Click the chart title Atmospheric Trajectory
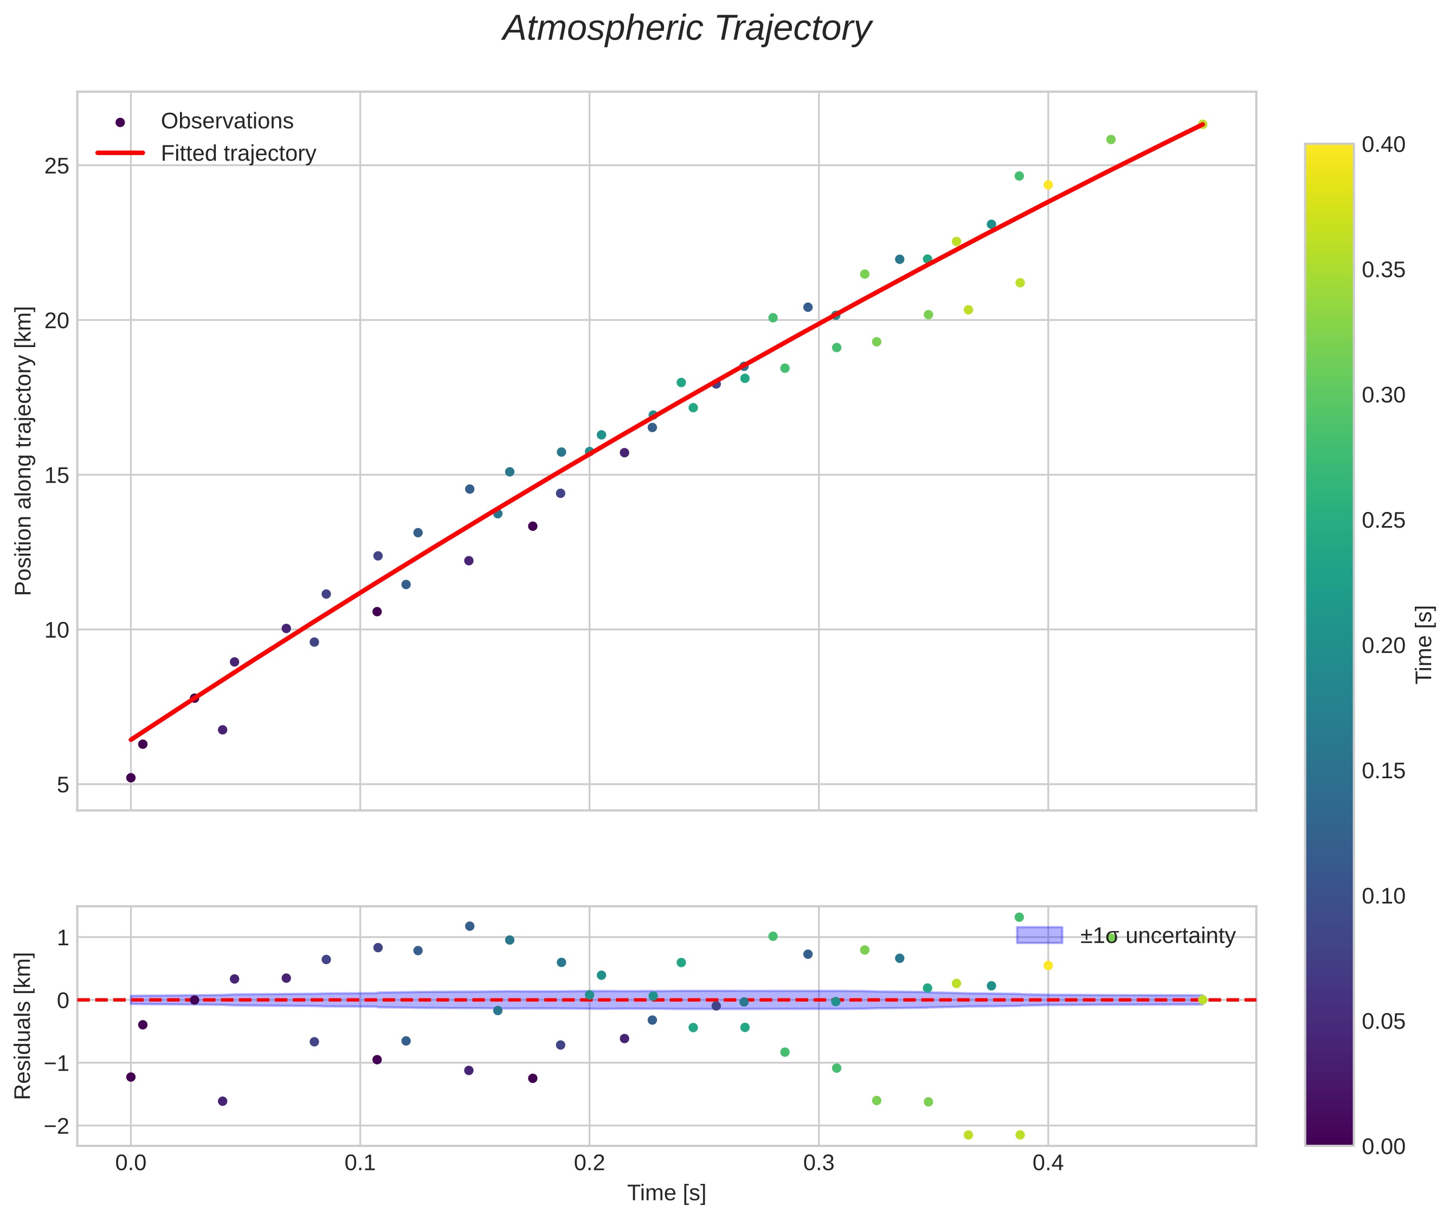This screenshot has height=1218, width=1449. point(687,29)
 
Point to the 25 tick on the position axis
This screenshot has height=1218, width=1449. point(57,166)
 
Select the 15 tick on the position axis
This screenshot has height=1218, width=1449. point(57,475)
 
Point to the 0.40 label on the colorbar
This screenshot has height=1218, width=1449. point(1383,144)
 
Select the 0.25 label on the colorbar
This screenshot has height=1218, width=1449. point(1383,520)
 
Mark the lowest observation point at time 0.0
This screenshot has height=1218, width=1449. point(131,778)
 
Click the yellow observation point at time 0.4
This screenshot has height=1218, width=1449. point(1048,184)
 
